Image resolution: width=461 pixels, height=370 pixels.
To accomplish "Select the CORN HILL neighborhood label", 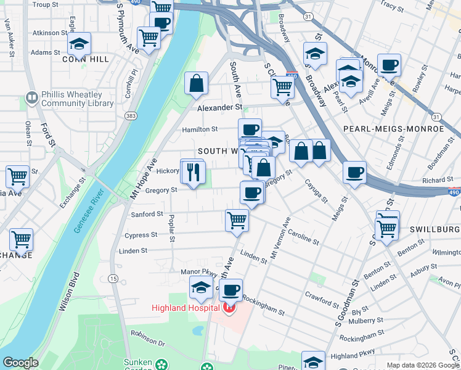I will click(86, 59).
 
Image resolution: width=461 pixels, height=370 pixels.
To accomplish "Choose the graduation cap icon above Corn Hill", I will click(79, 43).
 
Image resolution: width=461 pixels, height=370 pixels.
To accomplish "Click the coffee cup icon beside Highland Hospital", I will click(231, 290).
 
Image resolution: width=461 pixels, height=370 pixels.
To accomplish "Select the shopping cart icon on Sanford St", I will click(237, 220).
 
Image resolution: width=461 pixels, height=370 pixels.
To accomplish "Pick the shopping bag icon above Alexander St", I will click(196, 83).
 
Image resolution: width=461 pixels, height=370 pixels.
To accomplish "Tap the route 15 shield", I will click(113, 279).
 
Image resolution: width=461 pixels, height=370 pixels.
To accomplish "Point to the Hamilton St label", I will click(200, 129).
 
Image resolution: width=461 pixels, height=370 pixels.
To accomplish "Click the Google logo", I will click(20, 363).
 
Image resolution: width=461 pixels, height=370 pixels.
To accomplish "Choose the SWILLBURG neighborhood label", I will click(434, 229).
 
